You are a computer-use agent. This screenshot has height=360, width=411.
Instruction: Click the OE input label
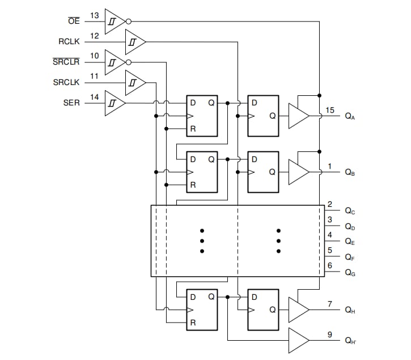(74, 22)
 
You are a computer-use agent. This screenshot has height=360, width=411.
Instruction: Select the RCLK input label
(69, 42)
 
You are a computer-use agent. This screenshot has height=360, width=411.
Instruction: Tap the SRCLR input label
(66, 62)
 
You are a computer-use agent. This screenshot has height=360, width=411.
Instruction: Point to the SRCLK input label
(66, 83)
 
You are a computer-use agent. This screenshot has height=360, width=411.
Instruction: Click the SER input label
(72, 103)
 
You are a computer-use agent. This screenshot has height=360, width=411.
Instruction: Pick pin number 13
(95, 15)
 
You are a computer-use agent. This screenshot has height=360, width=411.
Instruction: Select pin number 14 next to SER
(95, 97)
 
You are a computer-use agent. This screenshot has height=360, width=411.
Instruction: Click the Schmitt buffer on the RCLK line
(134, 42)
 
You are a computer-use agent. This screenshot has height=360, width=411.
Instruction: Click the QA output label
(350, 116)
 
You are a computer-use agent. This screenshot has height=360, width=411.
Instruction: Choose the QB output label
(350, 173)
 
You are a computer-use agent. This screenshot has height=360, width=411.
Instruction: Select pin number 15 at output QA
(330, 110)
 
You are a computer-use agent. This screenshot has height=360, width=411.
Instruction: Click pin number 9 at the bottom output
(330, 334)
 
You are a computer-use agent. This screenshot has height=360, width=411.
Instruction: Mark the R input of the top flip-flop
(193, 129)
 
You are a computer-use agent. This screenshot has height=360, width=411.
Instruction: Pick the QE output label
(350, 242)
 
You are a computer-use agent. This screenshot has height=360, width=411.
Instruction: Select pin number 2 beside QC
(330, 204)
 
